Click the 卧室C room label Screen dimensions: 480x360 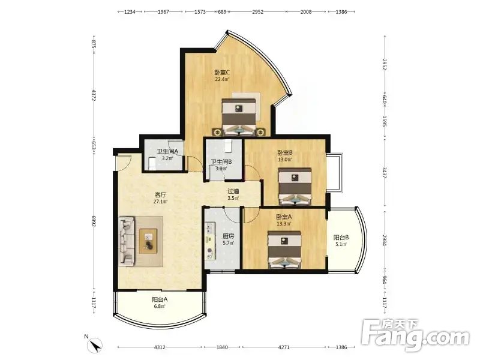(222, 73)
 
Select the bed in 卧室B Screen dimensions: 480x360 (295, 186)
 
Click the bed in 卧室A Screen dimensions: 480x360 (284, 250)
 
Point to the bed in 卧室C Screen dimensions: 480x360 (239, 116)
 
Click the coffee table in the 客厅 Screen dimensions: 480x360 (148, 241)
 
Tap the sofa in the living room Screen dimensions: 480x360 (127, 241)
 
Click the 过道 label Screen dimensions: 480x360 (233, 191)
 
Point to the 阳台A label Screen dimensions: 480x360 (160, 299)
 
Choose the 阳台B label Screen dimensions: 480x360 (341, 237)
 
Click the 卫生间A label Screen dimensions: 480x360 (167, 151)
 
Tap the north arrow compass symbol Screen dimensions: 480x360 (96, 346)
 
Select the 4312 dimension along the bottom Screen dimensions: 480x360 (160, 347)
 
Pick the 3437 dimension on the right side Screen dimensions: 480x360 (385, 173)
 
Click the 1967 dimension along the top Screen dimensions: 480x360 (163, 12)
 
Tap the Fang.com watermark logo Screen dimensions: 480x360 (415, 335)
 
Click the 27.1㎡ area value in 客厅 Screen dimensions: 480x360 (160, 202)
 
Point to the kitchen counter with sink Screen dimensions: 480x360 (210, 241)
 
